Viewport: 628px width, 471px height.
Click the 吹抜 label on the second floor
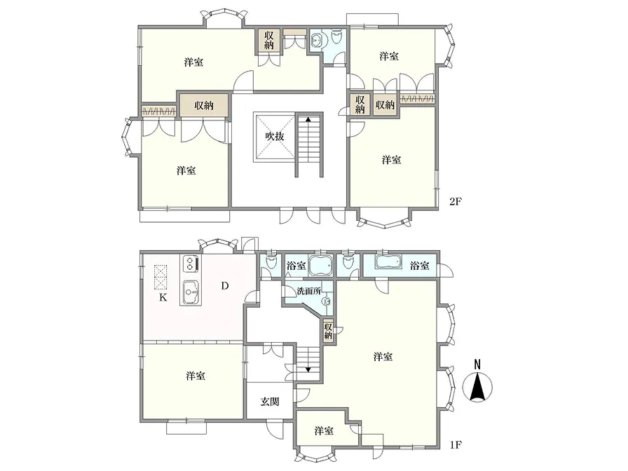(275, 136)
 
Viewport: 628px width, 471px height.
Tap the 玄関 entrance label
(270, 402)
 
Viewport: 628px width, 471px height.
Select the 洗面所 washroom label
(309, 291)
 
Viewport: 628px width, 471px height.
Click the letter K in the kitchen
(163, 298)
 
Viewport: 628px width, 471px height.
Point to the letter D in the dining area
(225, 285)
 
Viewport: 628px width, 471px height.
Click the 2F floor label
(456, 201)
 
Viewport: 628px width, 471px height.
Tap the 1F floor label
(456, 444)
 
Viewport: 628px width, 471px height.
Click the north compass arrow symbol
(477, 387)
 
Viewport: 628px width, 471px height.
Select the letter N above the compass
(477, 364)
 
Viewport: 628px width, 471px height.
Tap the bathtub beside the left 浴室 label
(321, 265)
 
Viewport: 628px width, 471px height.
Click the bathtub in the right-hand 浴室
(388, 262)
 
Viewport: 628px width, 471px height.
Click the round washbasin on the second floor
(317, 40)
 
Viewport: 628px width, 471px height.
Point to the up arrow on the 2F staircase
(308, 119)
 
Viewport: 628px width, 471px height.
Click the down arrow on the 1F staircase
(308, 369)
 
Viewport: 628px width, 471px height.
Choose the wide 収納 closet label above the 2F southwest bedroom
(204, 106)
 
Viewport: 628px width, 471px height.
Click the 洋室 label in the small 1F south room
(324, 431)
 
